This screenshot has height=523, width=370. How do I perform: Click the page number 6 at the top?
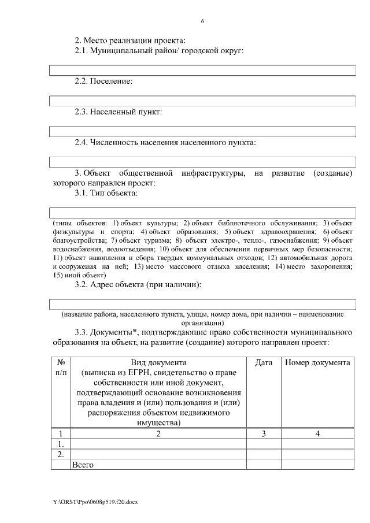(x=202, y=21)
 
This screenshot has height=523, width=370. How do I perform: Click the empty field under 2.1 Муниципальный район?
(x=202, y=71)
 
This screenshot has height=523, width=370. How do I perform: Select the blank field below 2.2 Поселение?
(x=202, y=101)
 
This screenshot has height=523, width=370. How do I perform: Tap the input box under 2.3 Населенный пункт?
(x=202, y=131)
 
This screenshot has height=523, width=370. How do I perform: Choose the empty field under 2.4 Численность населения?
(x=202, y=161)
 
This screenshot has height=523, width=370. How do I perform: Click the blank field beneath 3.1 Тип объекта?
(x=202, y=212)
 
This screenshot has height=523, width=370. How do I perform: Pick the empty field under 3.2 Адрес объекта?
(x=202, y=304)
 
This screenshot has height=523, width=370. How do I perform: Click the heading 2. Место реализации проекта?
(x=130, y=40)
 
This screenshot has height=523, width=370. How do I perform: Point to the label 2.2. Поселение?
(x=104, y=81)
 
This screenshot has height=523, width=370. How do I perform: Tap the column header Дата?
(x=264, y=362)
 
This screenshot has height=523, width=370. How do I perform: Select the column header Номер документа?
(x=317, y=362)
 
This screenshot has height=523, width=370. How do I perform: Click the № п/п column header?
(x=61, y=368)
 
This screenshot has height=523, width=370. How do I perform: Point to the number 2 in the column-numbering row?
(x=158, y=433)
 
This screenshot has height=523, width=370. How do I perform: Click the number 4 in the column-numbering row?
(x=317, y=433)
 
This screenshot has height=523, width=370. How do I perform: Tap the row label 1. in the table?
(x=61, y=444)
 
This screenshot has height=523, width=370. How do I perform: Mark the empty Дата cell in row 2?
(x=264, y=454)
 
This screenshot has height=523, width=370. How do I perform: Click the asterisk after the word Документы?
(x=135, y=331)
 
